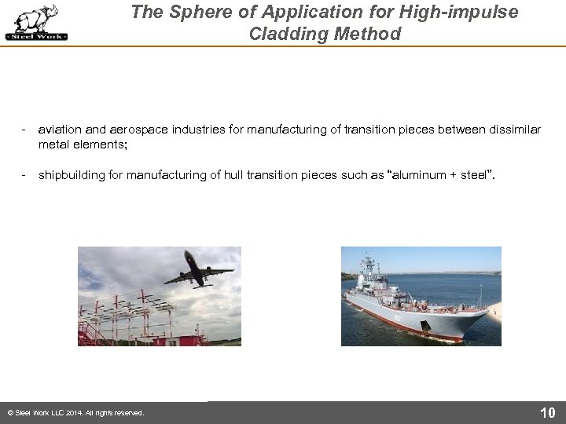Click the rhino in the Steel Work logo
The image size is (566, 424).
pyautogui.click(x=36, y=18)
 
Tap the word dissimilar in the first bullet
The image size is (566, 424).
pyautogui.click(x=513, y=129)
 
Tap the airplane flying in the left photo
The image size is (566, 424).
pyautogui.click(x=197, y=269)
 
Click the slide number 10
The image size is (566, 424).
pyautogui.click(x=547, y=413)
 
